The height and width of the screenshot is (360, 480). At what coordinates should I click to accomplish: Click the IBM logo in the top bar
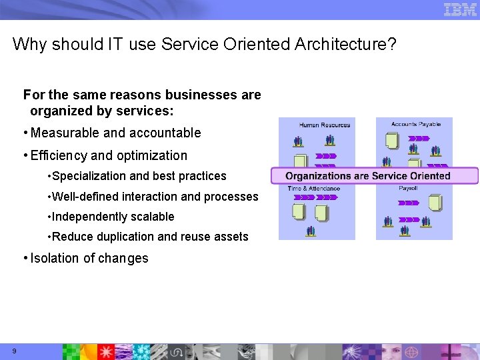pos(460,9)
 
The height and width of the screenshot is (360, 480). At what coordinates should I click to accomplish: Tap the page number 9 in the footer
pos(14,351)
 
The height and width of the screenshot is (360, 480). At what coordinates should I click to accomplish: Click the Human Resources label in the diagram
pos(324,125)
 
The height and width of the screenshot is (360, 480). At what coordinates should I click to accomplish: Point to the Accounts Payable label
pos(415,124)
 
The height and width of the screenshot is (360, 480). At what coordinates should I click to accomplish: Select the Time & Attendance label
pos(314,189)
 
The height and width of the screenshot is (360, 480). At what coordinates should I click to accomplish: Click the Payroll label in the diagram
pos(408,189)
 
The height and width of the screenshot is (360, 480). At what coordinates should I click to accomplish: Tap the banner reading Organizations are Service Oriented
pos(374,176)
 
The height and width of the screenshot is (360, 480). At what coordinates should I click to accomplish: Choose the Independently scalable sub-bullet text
pos(112,217)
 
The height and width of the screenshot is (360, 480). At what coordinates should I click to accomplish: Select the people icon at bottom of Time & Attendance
pos(311,231)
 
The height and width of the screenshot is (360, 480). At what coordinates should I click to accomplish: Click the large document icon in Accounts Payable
pos(392,141)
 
